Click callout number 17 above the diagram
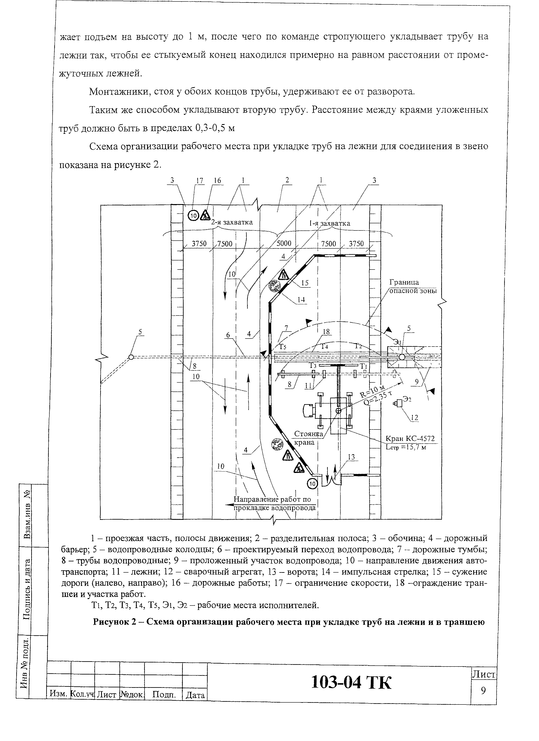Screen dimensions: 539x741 pos(200,181)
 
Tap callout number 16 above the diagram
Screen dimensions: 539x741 pos(217,181)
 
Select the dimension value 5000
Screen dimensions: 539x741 pos(284,243)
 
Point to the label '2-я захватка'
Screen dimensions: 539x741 pos(232,222)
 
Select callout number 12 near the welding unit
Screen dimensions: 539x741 pos(414,417)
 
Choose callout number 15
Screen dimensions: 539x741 pos(305,283)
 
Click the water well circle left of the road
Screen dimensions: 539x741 pos(131,357)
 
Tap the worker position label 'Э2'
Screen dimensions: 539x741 pos(407,399)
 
